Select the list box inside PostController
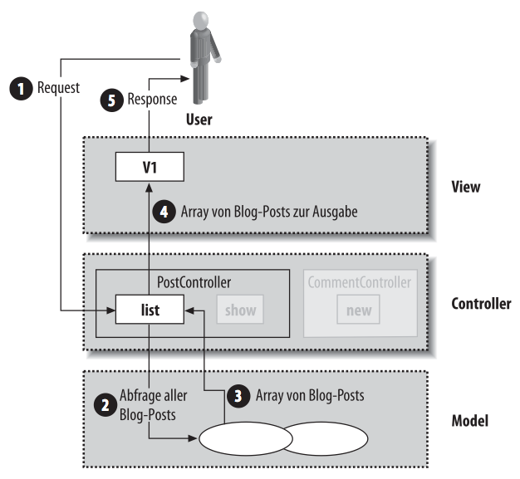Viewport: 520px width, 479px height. tap(150, 311)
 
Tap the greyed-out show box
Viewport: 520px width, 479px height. tap(239, 311)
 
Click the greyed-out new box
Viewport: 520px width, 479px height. tap(359, 311)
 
